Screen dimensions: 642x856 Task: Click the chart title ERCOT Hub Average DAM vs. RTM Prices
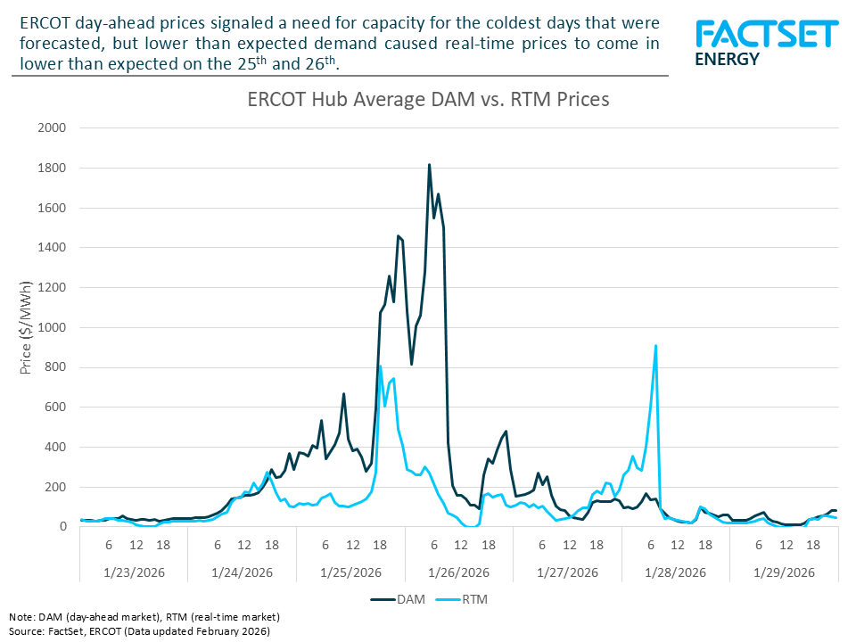click(x=428, y=100)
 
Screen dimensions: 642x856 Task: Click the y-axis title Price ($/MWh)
click(x=26, y=327)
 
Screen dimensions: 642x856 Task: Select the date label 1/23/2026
click(x=135, y=572)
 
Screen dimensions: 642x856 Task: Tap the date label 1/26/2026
click(x=459, y=572)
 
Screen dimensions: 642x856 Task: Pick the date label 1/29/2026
click(x=784, y=572)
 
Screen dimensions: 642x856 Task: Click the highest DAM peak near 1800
click(x=429, y=165)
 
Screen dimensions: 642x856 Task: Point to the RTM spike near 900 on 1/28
click(x=656, y=346)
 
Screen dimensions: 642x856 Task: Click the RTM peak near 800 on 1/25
click(x=380, y=366)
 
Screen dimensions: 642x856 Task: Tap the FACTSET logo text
click(x=766, y=35)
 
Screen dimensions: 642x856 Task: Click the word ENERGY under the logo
click(x=727, y=60)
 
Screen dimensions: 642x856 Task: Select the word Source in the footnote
click(x=26, y=630)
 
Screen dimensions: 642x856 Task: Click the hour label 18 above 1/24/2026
click(x=271, y=544)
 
